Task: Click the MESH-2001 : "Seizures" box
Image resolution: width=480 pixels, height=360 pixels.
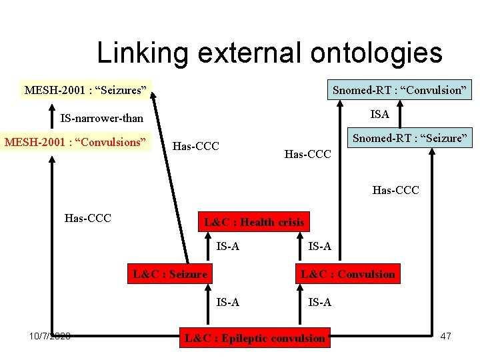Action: (x=85, y=89)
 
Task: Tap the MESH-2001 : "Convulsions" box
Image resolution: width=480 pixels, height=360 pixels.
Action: (x=75, y=142)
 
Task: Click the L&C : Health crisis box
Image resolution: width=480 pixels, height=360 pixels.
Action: (x=254, y=222)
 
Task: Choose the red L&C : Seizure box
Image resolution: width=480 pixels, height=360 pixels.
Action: (x=169, y=273)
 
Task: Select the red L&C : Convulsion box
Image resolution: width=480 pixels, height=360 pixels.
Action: (x=348, y=273)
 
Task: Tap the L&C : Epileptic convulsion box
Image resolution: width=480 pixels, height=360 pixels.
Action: (x=255, y=338)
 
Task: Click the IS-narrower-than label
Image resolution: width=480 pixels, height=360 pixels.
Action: (x=101, y=119)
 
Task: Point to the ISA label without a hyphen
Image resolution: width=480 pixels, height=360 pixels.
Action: (x=379, y=114)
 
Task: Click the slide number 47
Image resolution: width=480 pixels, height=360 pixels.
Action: (x=446, y=336)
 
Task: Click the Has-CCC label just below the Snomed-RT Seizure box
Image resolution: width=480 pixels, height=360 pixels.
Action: (x=396, y=191)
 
